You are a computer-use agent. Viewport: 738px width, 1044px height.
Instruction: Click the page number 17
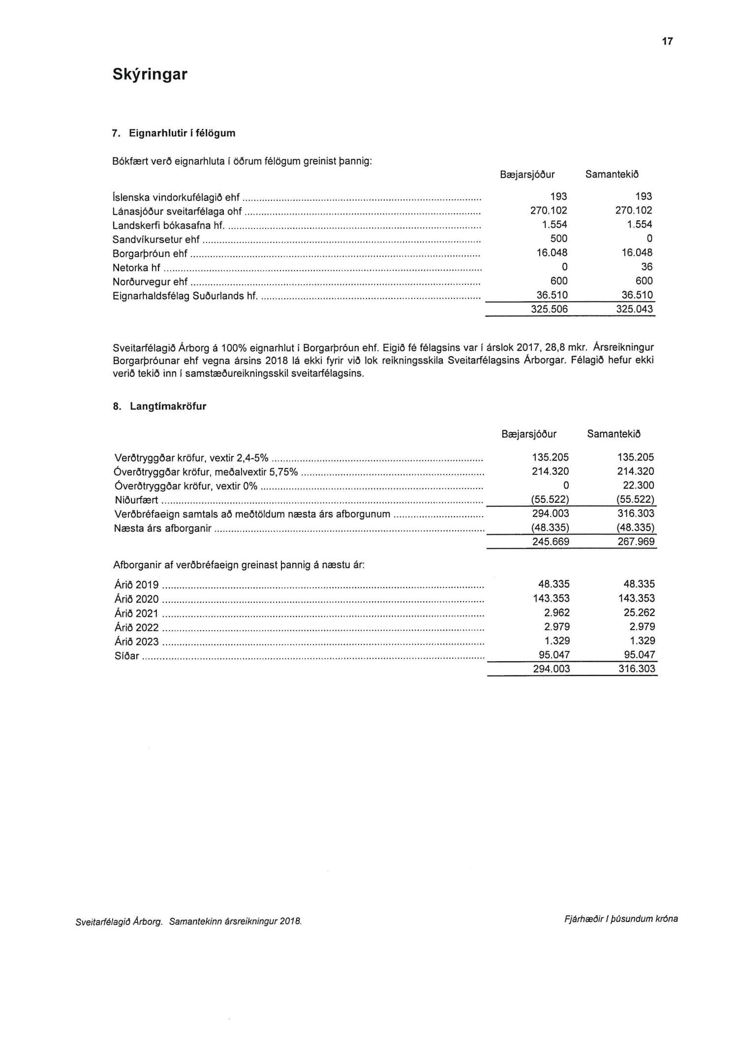[667, 41]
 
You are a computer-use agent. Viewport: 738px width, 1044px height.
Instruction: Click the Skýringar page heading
[150, 74]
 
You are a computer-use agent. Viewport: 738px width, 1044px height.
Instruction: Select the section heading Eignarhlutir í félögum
[182, 133]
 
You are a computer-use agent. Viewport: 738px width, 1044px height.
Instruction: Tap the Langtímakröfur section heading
[168, 406]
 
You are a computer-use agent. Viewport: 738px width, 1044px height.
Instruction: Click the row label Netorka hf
[136, 268]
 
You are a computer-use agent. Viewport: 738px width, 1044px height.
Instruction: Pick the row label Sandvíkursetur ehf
[156, 239]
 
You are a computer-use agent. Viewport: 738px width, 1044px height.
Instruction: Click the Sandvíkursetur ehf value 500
[558, 239]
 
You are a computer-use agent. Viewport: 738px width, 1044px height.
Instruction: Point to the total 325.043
[636, 309]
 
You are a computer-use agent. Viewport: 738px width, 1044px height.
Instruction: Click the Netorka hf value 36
[646, 267]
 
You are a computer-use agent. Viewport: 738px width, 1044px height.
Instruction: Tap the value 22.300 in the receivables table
[638, 486]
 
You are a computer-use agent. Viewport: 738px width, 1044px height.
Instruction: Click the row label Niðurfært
[136, 500]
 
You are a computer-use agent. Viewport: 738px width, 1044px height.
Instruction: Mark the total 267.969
[638, 542]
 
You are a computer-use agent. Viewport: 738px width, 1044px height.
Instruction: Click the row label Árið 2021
[136, 614]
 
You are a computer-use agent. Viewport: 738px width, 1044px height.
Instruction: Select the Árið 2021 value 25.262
[638, 613]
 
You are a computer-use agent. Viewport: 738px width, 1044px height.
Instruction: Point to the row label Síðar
[126, 656]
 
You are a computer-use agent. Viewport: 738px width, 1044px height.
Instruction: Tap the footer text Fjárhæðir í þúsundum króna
[621, 919]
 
